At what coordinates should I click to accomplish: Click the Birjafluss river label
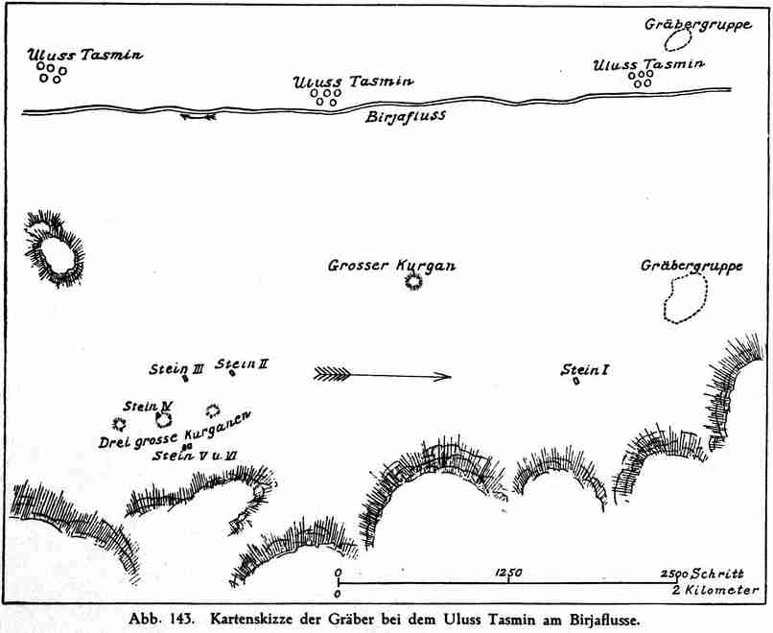point(406,117)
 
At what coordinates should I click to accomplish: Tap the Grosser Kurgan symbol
point(413,282)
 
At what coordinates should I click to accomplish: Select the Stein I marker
point(575,381)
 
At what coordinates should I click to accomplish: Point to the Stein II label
point(242,364)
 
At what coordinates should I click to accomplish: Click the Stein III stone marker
point(185,379)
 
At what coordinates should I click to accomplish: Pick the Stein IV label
point(148,407)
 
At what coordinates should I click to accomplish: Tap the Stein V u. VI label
point(195,456)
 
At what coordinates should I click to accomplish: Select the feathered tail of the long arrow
point(332,374)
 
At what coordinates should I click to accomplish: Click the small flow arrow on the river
point(198,117)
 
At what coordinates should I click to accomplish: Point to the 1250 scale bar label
point(507,573)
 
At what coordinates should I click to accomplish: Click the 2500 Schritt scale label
point(702,574)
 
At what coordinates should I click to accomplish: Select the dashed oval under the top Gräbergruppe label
point(678,40)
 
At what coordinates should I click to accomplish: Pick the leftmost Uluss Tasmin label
point(84,55)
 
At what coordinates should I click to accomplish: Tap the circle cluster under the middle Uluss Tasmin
point(326,97)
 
